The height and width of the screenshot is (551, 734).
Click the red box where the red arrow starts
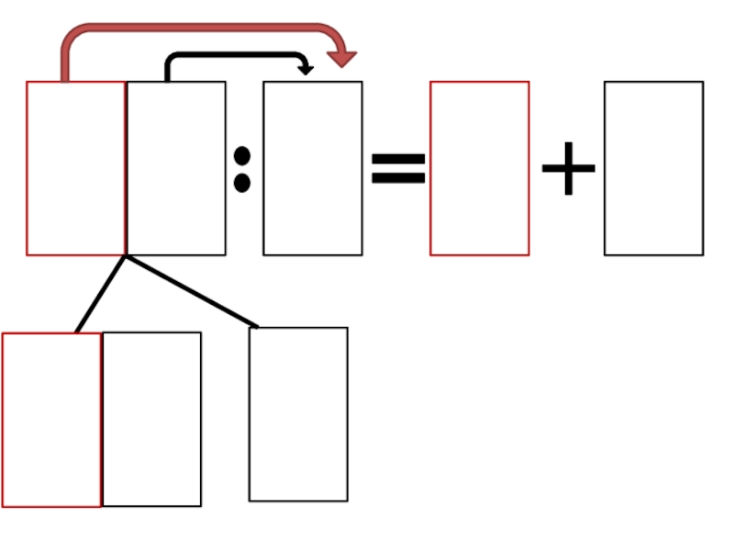coord(75,168)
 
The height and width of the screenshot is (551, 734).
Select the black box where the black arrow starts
coord(176,168)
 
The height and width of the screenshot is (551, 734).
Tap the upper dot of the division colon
coord(242,154)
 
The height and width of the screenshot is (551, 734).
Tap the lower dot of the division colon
coord(242,183)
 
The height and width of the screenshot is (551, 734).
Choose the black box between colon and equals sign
coord(312,168)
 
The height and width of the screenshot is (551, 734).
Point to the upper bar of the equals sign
coord(398,157)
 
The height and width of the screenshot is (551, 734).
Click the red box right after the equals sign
coord(479,168)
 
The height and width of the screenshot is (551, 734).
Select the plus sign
coord(568,168)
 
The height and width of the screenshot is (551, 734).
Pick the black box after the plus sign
coord(653,168)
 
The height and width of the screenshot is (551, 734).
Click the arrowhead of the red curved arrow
coord(342,58)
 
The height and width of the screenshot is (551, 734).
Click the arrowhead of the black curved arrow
coord(306,69)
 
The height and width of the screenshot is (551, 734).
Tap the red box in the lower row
coord(51,420)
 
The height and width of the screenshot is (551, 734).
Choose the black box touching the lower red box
coord(152,420)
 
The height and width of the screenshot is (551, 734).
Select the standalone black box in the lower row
coord(298,414)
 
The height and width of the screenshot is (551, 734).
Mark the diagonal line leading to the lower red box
coord(101,294)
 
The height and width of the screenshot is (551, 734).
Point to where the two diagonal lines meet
coord(126,256)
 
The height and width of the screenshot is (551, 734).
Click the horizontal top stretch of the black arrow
coord(234,56)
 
